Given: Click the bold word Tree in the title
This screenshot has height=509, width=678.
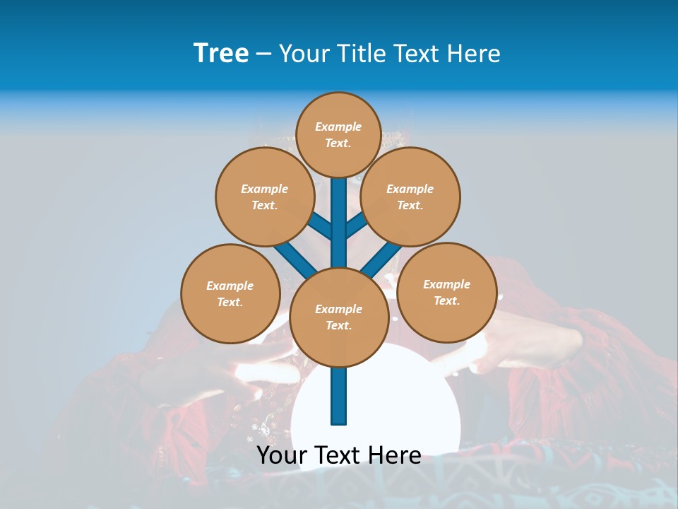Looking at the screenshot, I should pos(221,54).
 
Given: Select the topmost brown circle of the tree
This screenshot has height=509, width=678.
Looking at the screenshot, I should pos(338,134).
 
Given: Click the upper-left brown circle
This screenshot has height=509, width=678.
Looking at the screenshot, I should pos(264,197).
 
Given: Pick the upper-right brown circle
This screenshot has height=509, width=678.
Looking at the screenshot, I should pos(410,197).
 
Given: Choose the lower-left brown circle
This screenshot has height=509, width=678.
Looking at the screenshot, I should pos(230,293).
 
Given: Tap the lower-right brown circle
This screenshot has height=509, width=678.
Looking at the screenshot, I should pos(446,292).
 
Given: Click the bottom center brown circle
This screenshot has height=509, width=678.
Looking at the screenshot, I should pos(339,317).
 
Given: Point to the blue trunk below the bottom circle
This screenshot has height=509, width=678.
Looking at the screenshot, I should pos(339,396).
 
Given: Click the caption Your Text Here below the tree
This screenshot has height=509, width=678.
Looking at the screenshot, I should pos(339,455).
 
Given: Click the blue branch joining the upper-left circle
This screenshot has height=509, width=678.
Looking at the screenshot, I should pos(319,226).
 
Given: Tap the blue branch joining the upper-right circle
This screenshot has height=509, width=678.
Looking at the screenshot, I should pos(357,226).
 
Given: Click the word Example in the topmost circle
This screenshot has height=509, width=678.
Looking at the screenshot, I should pos(338,127).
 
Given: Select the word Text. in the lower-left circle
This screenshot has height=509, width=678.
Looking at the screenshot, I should pos(230,302).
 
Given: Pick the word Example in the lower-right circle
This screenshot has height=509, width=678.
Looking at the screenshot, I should pos(446,284).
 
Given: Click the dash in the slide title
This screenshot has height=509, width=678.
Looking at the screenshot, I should pos(263,54).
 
